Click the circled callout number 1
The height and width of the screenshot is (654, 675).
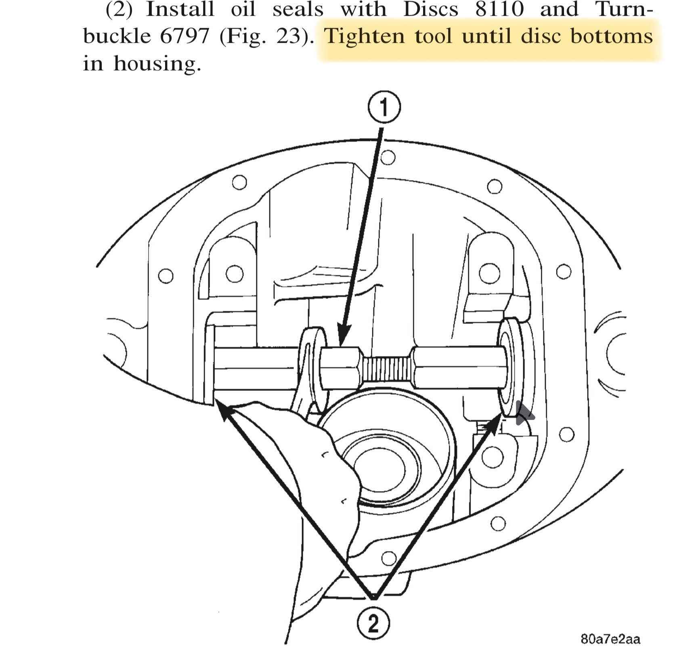[x=384, y=107]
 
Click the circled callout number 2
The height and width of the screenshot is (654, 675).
[x=373, y=623]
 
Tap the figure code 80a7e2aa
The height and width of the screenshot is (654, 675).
[x=610, y=639]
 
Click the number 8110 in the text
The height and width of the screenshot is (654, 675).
[x=499, y=9]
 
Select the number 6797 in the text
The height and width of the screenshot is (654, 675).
[x=185, y=36]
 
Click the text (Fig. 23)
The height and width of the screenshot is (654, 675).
[x=267, y=36]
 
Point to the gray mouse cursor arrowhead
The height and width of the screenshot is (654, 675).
[x=524, y=414]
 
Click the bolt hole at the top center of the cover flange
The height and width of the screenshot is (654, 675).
[x=388, y=157]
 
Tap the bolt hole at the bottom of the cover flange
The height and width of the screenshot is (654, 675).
[x=388, y=558]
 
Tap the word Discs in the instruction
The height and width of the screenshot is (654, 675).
[x=431, y=9]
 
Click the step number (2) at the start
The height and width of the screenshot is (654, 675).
[x=119, y=9]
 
